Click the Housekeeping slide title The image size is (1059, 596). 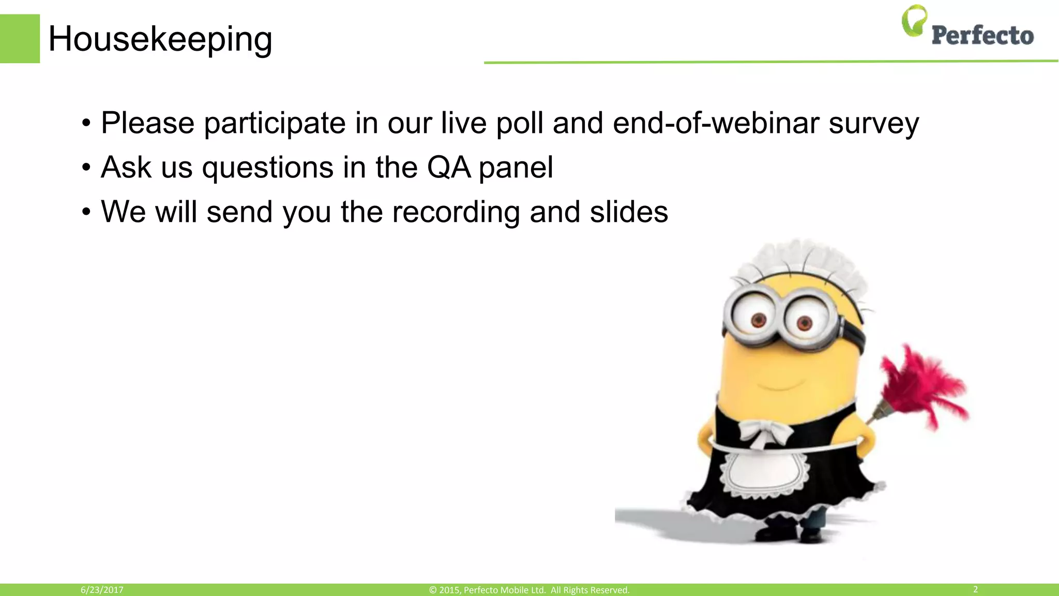(160, 39)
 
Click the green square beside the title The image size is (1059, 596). (20, 39)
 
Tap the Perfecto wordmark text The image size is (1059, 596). (982, 36)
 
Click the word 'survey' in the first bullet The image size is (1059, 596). (873, 123)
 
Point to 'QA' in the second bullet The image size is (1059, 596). (449, 168)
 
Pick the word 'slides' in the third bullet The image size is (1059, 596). (629, 212)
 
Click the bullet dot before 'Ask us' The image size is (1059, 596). (86, 168)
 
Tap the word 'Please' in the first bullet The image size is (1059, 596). (147, 123)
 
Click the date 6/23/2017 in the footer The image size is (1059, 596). (102, 590)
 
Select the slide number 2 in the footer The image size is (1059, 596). (975, 589)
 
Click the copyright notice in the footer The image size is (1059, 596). (529, 590)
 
